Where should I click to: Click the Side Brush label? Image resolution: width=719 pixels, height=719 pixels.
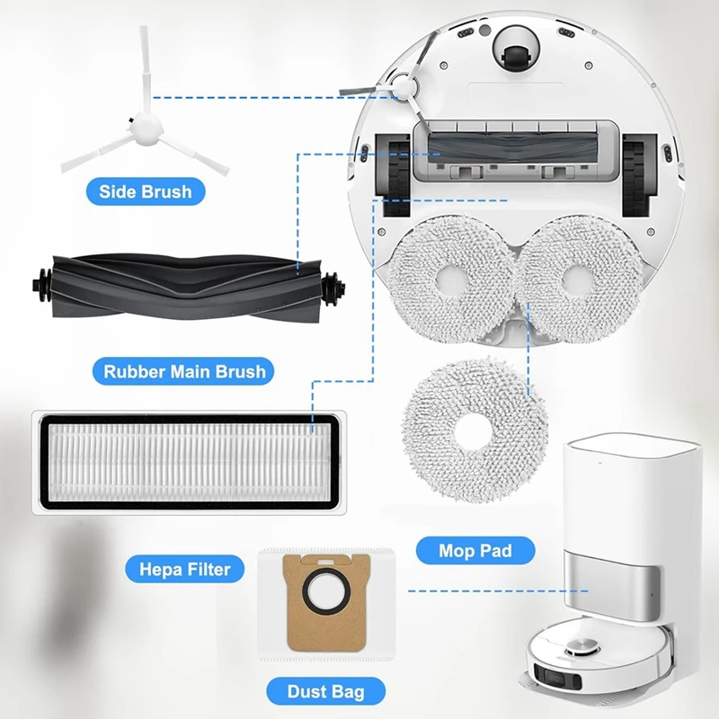[145, 191]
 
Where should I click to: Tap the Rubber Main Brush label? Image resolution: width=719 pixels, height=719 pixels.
[184, 370]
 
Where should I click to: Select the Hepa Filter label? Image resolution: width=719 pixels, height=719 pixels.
[184, 568]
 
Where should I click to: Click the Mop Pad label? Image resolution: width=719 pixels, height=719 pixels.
[474, 551]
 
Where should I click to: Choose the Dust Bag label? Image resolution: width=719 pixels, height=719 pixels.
[324, 692]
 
